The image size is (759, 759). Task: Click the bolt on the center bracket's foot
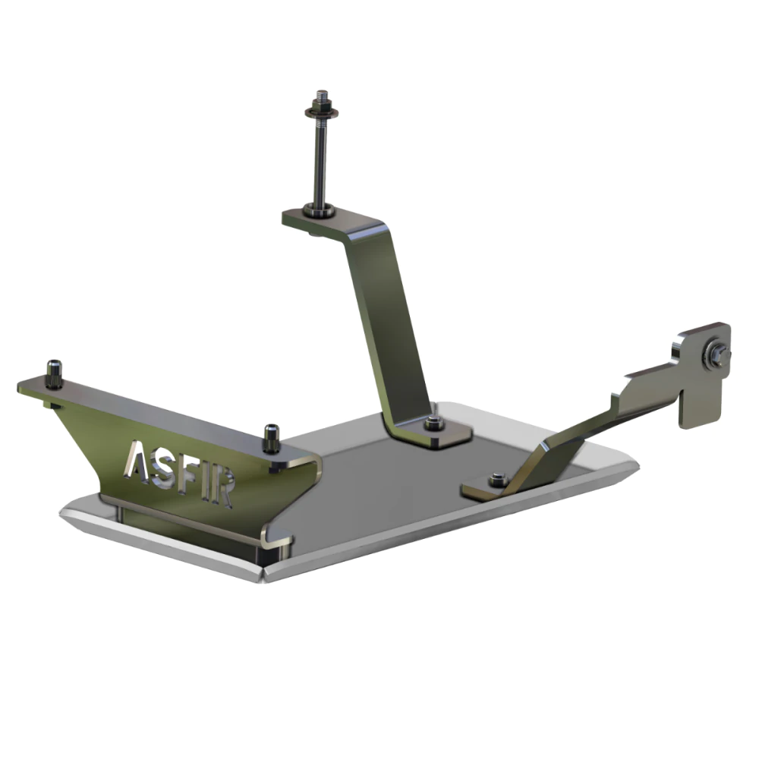435,423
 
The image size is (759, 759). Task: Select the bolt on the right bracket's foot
498,480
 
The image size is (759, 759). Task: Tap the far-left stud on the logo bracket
54,373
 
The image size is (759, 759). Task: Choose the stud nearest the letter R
271,438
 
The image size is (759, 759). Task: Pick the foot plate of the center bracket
440,430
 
